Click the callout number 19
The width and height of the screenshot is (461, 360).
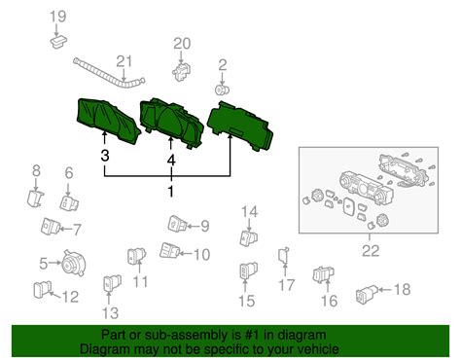coord(57,16)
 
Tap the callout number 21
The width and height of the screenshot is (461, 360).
coord(124,62)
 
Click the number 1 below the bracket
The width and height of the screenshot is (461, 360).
coord(171,193)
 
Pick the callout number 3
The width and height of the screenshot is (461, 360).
coord(104,155)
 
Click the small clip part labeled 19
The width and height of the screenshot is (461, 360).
coord(57,41)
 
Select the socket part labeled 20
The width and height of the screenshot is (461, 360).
coord(182,71)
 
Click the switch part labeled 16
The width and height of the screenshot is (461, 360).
coord(320,275)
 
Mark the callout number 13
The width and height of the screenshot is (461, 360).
coord(110,312)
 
